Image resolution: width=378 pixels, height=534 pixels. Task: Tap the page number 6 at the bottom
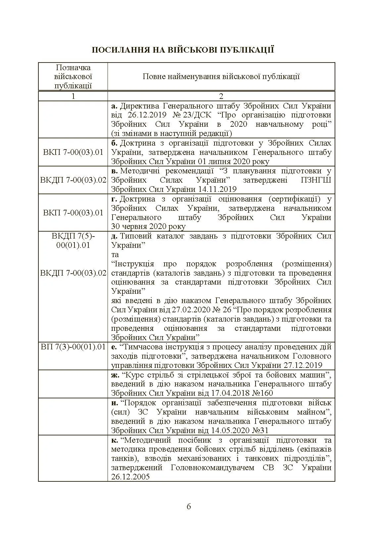click(189, 507)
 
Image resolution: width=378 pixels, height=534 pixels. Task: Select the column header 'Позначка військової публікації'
click(73, 77)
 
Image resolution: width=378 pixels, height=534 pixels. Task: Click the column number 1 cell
click(73, 96)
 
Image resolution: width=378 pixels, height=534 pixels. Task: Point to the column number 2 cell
click(221, 96)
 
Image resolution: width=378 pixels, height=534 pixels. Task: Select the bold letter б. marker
click(115, 143)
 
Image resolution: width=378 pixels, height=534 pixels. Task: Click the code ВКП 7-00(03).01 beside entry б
click(73, 153)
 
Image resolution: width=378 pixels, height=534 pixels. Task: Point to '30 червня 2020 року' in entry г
click(148, 227)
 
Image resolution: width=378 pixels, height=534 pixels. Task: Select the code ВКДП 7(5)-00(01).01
click(73, 241)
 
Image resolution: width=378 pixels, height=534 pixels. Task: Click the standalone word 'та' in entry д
click(115, 255)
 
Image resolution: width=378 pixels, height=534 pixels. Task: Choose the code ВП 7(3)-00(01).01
click(73, 347)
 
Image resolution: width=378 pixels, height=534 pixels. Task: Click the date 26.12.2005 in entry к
click(130, 477)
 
